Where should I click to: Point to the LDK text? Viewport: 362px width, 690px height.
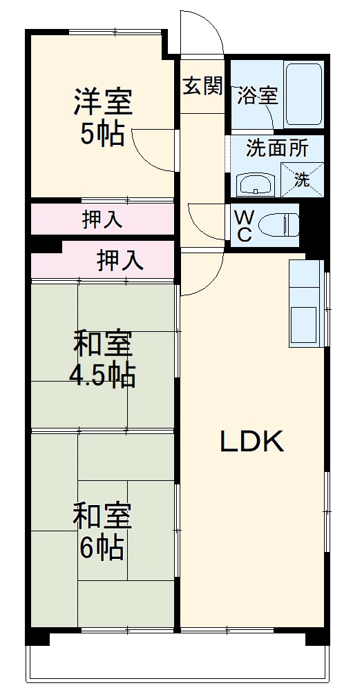(x=252, y=442)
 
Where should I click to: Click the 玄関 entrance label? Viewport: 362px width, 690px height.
(x=202, y=86)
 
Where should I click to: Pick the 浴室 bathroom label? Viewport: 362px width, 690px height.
(x=257, y=96)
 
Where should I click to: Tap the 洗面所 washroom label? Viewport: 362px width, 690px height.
(x=276, y=148)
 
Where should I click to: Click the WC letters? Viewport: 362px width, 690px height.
(x=244, y=226)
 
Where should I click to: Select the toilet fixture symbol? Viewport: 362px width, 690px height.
(x=279, y=225)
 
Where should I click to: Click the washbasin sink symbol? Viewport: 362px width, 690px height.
(x=257, y=185)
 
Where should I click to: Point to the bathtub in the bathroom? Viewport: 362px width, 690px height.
(x=304, y=95)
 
